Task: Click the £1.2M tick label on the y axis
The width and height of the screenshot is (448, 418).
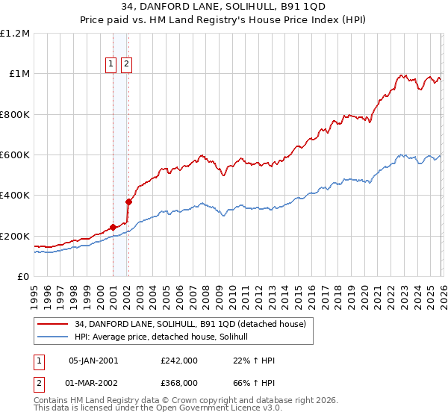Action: click(15, 34)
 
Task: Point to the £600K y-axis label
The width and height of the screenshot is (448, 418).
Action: click(15, 155)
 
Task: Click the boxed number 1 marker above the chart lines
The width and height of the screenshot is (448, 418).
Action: click(111, 65)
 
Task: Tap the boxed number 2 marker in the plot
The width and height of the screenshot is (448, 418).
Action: click(126, 65)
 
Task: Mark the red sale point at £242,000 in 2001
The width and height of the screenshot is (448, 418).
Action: click(113, 228)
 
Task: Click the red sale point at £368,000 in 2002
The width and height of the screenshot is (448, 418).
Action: click(128, 202)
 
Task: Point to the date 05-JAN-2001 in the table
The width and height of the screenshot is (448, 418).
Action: click(93, 361)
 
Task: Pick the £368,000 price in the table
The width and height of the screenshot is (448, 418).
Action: click(179, 383)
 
